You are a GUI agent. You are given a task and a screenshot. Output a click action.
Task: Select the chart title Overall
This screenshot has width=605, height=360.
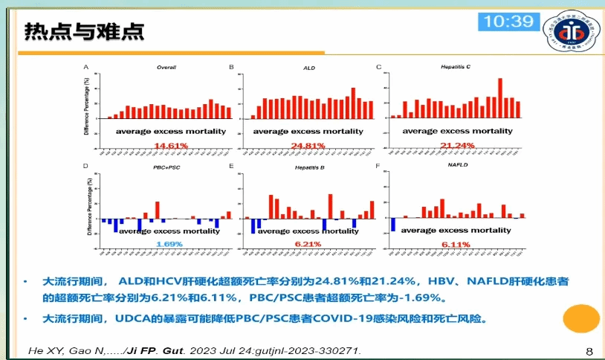click(166, 68)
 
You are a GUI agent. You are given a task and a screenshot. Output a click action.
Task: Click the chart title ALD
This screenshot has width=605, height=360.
click(309, 68)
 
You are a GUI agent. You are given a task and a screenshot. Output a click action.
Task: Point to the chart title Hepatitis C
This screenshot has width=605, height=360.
click(456, 67)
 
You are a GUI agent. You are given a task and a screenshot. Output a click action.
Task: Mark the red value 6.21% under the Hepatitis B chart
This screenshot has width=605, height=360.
click(308, 244)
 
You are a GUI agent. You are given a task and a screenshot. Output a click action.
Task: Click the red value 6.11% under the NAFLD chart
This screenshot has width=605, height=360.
click(455, 244)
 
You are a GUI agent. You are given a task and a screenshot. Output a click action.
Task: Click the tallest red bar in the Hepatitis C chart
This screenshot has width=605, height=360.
click(500, 98)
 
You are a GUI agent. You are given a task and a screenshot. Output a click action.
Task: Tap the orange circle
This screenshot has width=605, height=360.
click(580, 318)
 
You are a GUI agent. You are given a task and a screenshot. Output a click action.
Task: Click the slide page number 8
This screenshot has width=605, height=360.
click(589, 351)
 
